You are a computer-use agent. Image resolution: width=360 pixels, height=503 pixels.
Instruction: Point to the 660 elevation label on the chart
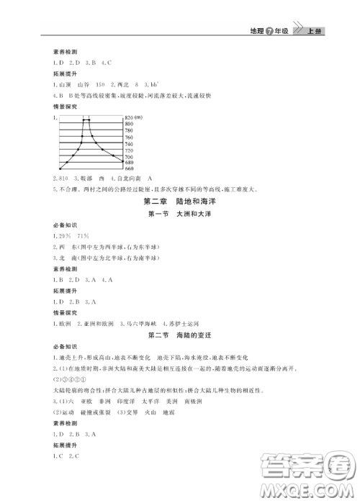coord(129,170)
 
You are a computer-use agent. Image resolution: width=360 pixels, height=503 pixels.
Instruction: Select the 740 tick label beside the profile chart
coord(129,143)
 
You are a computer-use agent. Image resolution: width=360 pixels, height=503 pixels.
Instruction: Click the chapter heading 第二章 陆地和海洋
coord(179,201)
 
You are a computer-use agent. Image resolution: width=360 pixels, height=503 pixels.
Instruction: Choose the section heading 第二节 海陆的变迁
coord(179,335)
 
